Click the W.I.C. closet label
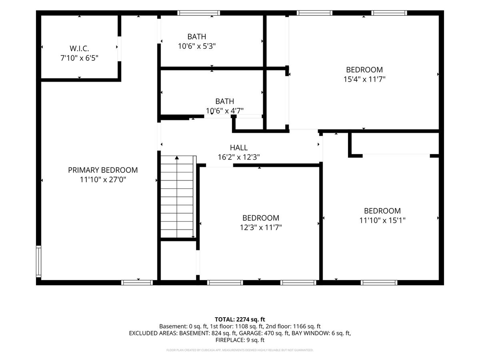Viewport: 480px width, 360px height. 79,48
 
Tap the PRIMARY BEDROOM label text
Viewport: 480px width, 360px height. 103,170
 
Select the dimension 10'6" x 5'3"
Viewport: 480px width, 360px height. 197,46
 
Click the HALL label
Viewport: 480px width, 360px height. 239,148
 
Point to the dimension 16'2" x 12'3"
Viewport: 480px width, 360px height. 239,157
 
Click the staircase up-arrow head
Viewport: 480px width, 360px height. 177,158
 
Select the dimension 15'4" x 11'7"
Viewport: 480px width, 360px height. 364,79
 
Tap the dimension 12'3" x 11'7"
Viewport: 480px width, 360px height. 261,228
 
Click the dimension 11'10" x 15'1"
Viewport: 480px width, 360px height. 382,220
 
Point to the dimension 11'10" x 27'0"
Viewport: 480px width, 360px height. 103,180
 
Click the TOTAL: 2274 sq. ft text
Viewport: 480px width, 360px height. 240,320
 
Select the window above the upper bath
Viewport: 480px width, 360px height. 198,13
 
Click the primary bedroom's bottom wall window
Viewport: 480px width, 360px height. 137,283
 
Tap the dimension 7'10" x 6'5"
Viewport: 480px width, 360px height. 79,58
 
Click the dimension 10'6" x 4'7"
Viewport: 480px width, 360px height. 224,111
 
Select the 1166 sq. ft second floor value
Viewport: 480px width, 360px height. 307,326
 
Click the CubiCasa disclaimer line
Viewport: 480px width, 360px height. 240,350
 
